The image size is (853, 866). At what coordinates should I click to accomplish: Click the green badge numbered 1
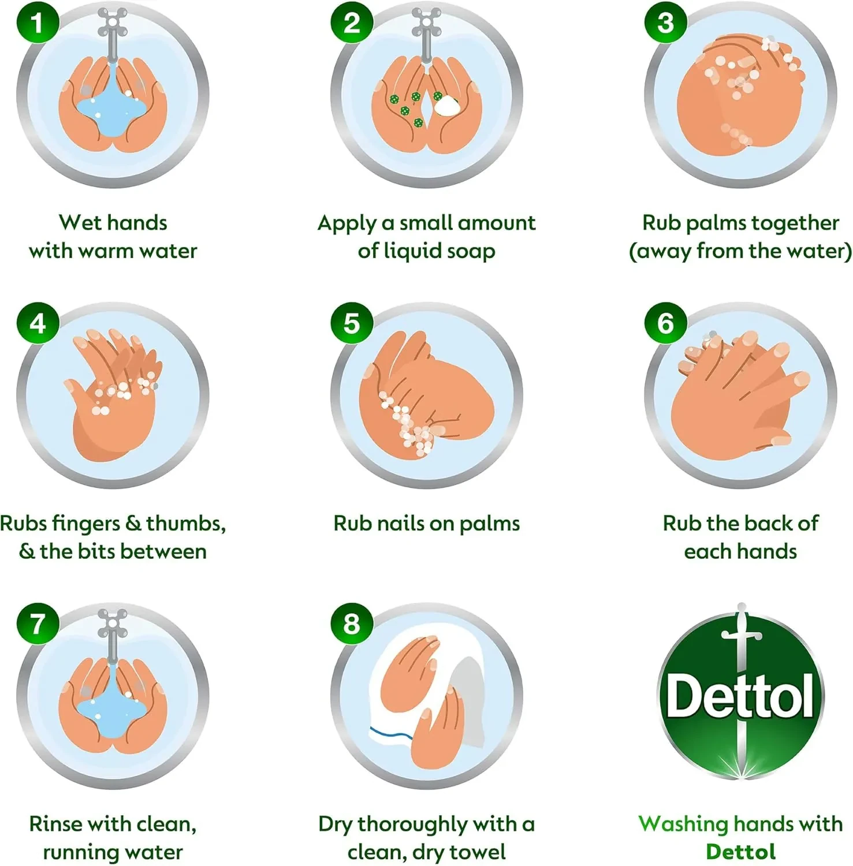(x=38, y=23)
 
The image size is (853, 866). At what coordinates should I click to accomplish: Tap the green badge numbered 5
(x=352, y=323)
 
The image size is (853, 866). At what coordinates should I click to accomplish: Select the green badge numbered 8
(x=352, y=624)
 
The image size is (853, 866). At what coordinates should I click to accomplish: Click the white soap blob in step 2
(x=446, y=106)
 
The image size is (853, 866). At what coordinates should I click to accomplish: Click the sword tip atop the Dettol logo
(x=741, y=606)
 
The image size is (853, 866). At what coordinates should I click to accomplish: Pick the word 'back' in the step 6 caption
(x=764, y=523)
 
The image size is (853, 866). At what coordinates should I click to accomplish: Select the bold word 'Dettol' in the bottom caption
(x=740, y=852)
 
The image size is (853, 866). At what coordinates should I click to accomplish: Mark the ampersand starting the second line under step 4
(x=27, y=551)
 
